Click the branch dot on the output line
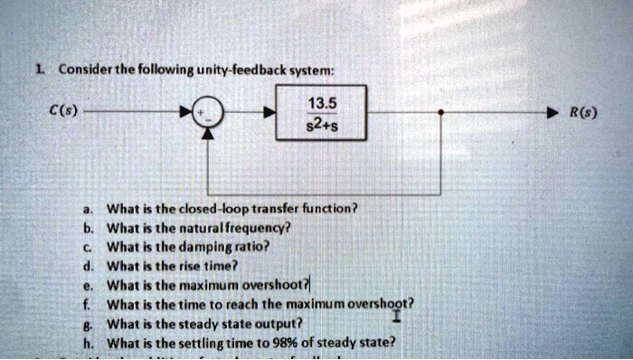(439, 114)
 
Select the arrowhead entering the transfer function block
(268, 114)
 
